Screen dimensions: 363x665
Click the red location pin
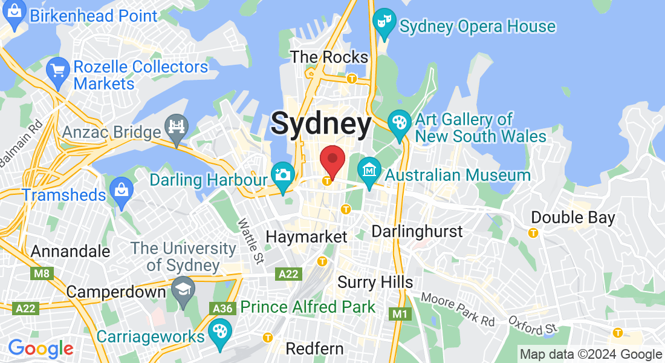pos(332,160)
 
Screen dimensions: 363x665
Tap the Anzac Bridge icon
pos(177,128)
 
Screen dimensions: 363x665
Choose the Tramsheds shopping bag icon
pos(122,192)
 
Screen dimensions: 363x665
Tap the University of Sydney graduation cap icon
pos(182,289)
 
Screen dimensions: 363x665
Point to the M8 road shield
pos(40,274)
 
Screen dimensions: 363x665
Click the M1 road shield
pos(399,313)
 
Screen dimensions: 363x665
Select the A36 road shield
pos(222,309)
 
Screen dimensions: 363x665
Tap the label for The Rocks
pos(329,57)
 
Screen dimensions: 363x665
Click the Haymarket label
pos(307,236)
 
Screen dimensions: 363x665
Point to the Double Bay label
pos(573,217)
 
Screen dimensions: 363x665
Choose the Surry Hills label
pos(375,282)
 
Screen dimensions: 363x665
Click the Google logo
pos(41,348)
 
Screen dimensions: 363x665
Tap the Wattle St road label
pos(250,241)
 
